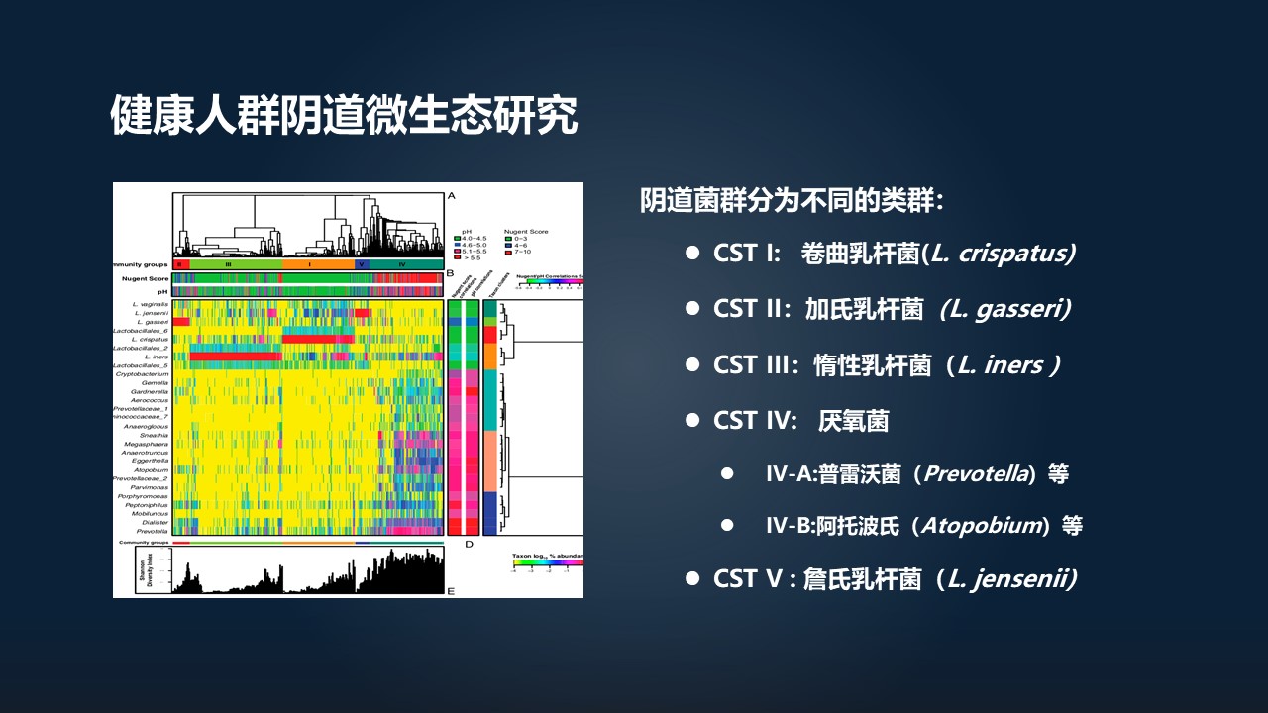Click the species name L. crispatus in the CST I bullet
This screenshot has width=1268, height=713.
[1003, 253]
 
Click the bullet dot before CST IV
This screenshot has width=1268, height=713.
[692, 421]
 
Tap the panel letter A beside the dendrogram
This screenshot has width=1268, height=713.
[451, 196]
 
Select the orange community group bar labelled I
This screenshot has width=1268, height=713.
[317, 265]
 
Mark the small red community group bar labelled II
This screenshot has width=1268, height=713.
[180, 265]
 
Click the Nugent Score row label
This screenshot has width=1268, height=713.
[143, 280]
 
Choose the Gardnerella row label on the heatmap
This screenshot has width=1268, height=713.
[150, 391]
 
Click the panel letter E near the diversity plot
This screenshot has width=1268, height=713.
[451, 591]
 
